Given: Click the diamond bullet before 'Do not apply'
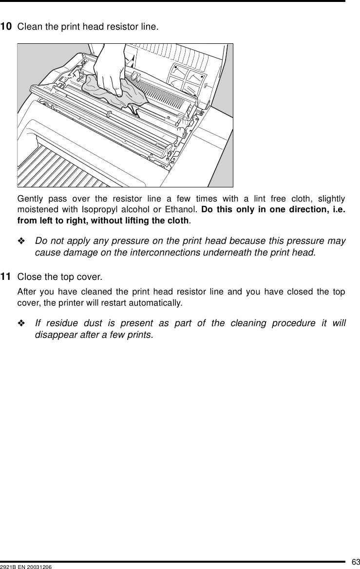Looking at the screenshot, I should (x=23, y=242).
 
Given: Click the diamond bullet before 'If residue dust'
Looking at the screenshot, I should (x=23, y=324).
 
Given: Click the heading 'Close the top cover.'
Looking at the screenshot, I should (x=60, y=277).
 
